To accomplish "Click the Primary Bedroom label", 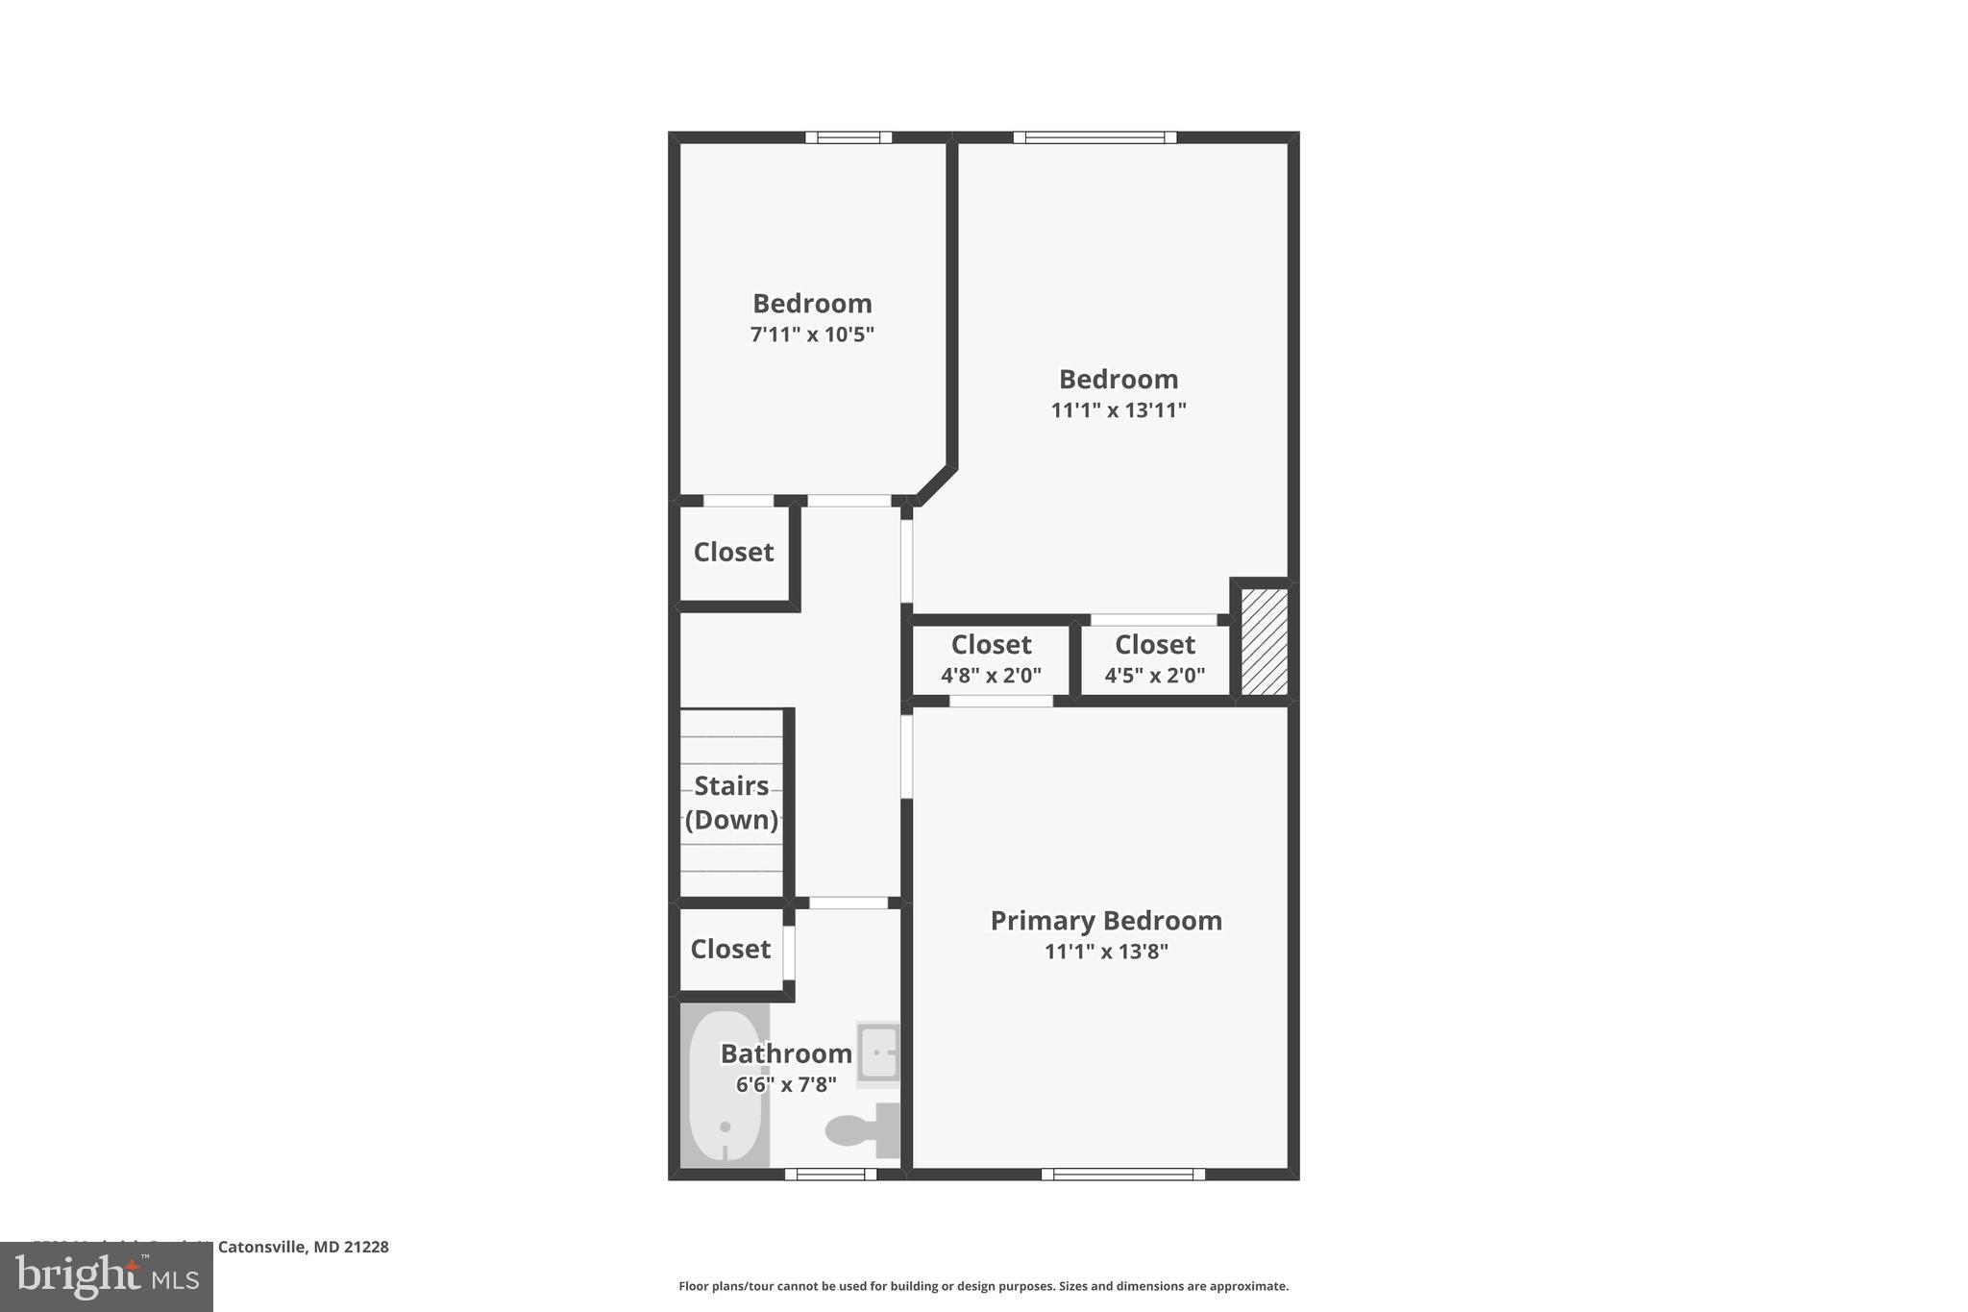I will (x=1106, y=921).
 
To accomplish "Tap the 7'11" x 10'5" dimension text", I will (x=812, y=334).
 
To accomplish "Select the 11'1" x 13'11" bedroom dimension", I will (x=1119, y=410).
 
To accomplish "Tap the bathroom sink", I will (x=878, y=1052).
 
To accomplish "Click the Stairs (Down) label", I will (x=731, y=803).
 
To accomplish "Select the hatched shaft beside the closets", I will (x=1264, y=641).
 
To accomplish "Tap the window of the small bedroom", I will (x=849, y=137).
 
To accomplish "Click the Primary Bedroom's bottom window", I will (x=1122, y=1174).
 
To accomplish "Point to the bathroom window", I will (x=830, y=1174).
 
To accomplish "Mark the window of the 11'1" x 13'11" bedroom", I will (x=1095, y=137).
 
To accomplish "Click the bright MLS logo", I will (x=107, y=1276).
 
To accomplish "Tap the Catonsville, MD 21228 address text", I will (x=303, y=1247).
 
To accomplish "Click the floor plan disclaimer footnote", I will (x=983, y=1286).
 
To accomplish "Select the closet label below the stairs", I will (x=730, y=950).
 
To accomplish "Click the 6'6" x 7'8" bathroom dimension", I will (x=786, y=1085).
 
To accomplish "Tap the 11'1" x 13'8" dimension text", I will (x=1106, y=952).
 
